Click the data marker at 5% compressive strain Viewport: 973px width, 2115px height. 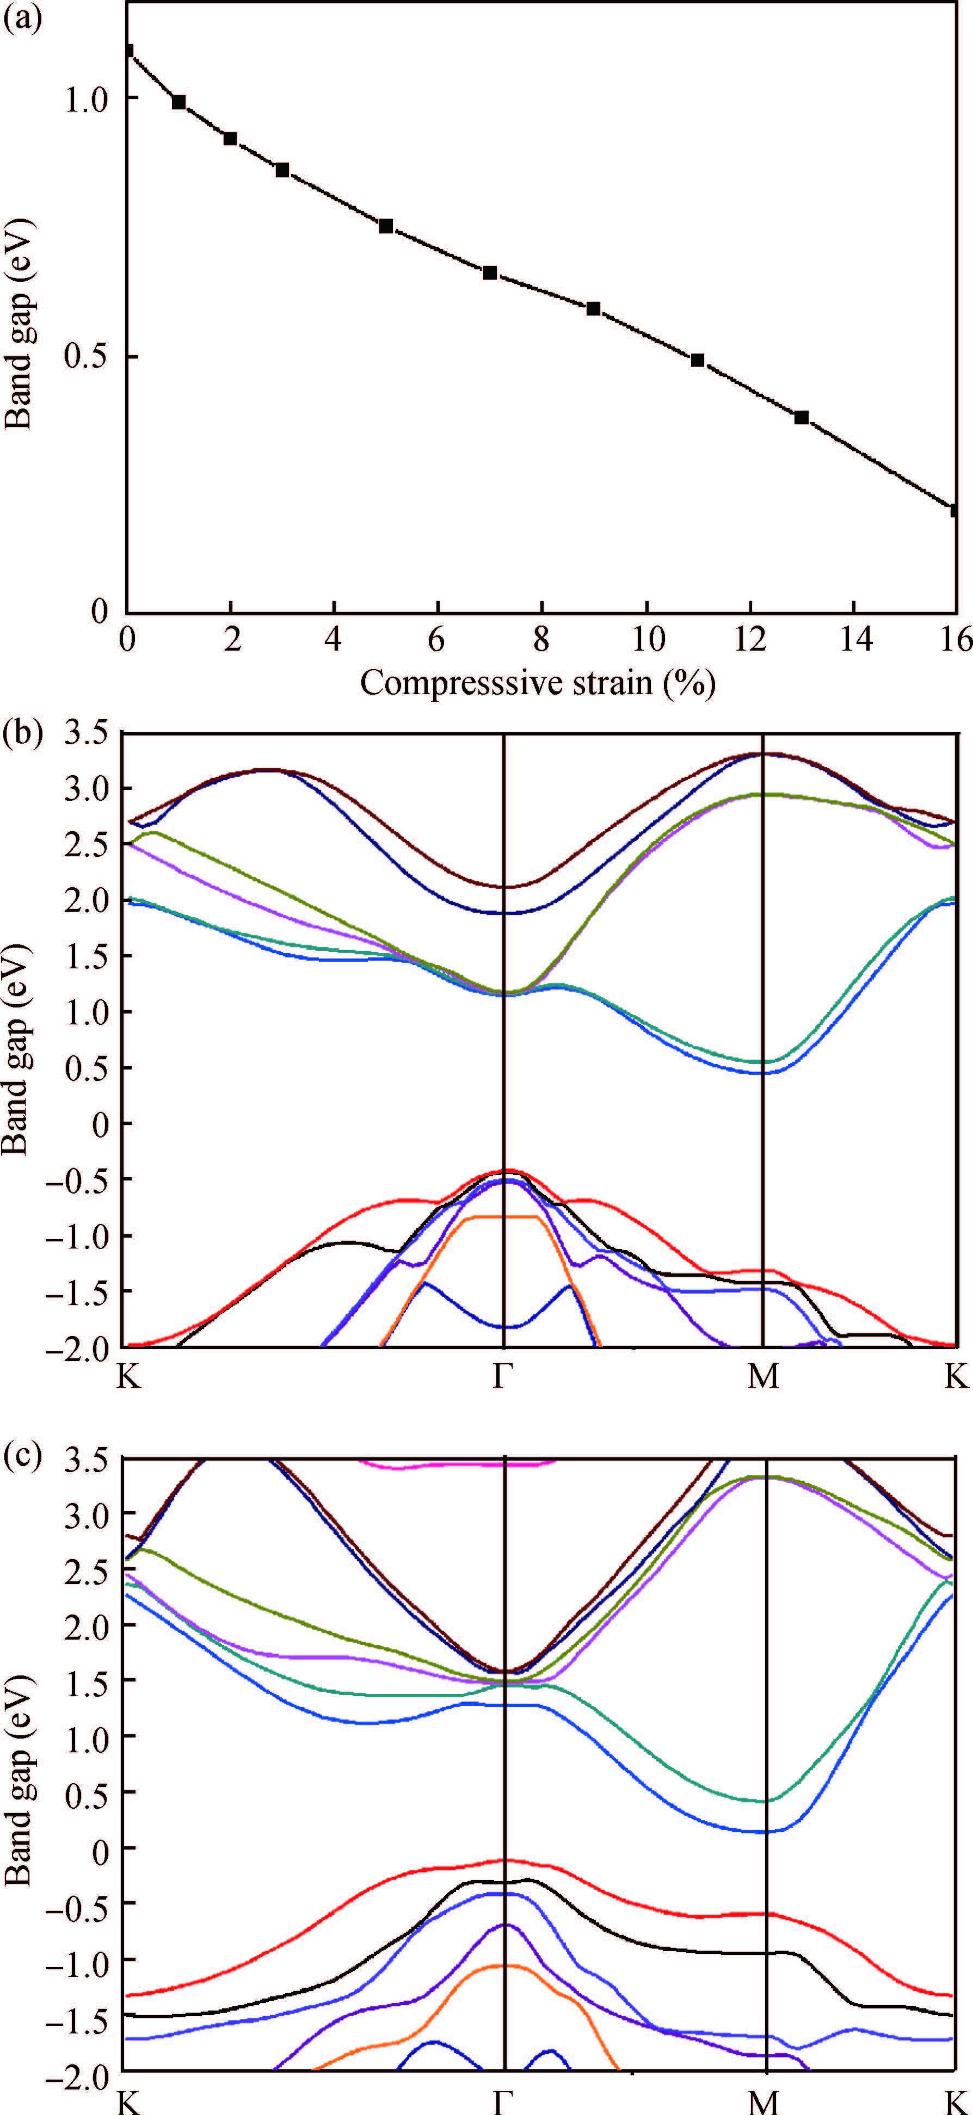[x=386, y=226]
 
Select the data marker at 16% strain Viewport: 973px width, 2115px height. [x=954, y=510]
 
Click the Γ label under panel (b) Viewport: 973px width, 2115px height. [x=502, y=1376]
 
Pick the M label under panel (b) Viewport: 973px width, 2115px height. [x=763, y=1376]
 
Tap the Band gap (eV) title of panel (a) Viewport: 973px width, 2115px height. [x=18, y=324]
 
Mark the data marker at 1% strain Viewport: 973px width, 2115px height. [x=178, y=102]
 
